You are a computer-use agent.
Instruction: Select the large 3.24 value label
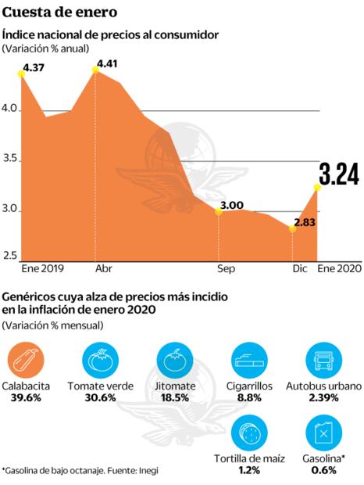pyautogui.click(x=338, y=174)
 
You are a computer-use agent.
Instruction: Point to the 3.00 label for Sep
pyautogui.click(x=233, y=206)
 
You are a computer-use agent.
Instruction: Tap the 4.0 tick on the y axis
pyautogui.click(x=11, y=110)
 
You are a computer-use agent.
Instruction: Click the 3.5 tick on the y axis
pyautogui.click(x=11, y=160)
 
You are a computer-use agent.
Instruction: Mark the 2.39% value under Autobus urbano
pyautogui.click(x=323, y=397)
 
